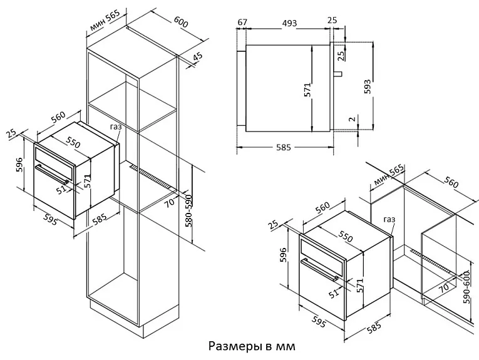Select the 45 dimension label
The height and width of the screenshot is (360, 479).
[197, 58]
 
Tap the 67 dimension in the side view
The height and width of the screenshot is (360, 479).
[242, 23]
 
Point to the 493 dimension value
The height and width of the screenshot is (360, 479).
[288, 23]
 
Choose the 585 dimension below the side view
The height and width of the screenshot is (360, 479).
[284, 148]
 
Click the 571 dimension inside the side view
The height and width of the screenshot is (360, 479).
[307, 90]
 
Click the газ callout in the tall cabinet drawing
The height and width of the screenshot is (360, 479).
[116, 126]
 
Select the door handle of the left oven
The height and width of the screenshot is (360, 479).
[51, 173]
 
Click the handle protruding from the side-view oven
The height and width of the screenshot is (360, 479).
[338, 74]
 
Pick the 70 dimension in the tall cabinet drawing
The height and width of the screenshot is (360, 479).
[169, 202]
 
